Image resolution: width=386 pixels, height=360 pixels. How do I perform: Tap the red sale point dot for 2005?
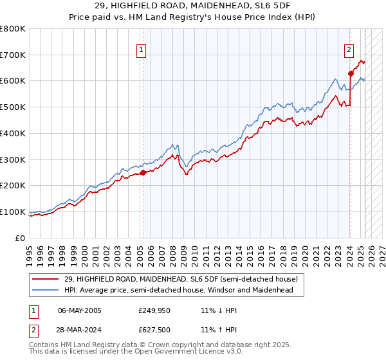coord(143,172)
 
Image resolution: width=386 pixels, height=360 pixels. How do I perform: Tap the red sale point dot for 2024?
coord(351,73)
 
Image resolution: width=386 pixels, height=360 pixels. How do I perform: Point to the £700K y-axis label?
coord(13,55)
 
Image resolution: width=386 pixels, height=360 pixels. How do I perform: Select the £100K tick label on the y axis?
coord(13,212)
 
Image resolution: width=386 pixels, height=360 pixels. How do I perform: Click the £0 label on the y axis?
coord(21,238)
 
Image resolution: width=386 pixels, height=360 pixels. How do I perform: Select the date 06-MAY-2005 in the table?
coord(79,310)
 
